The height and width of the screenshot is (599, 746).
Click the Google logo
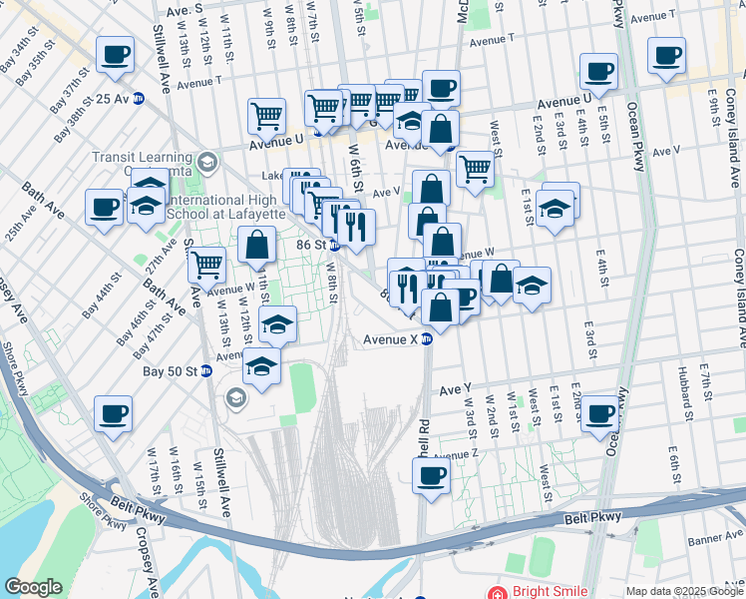tap(34, 587)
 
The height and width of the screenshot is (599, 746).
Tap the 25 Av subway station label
tap(112, 99)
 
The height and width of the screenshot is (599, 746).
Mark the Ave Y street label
tap(454, 387)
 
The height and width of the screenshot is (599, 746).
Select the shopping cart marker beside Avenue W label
tap(206, 265)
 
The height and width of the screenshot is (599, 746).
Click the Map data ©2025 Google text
tap(684, 592)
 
